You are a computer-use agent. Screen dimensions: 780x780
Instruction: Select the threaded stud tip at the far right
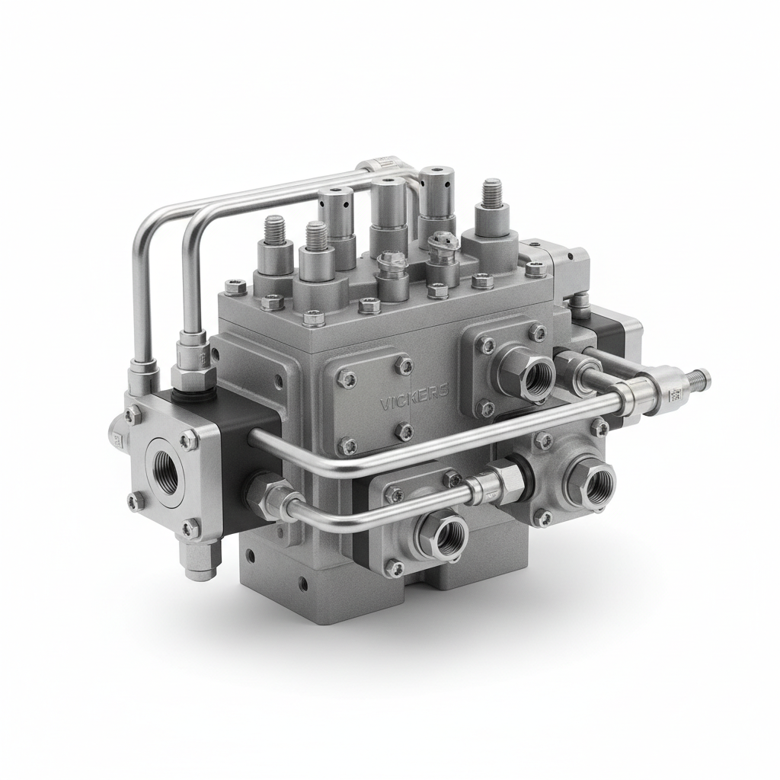699,377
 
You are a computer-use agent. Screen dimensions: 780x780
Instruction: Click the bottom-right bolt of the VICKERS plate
404,431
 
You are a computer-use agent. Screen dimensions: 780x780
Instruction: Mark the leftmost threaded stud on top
275,228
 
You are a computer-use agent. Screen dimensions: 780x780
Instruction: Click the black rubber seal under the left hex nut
183,395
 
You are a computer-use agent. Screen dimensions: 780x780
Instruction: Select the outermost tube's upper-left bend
145,225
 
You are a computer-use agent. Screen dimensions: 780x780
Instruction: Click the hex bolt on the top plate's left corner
235,288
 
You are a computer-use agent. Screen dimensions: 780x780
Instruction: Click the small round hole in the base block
303,584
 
